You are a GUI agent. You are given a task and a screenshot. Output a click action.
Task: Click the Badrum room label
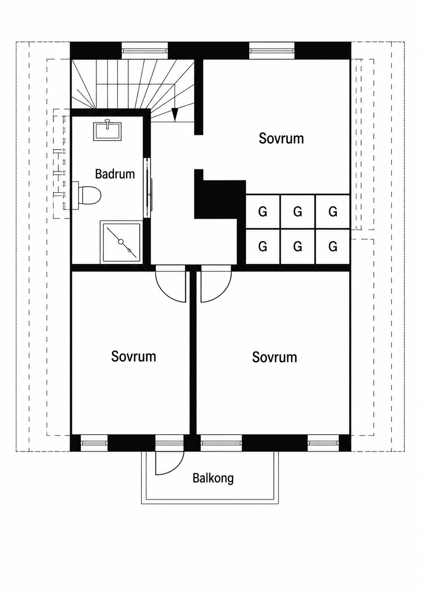pyautogui.click(x=115, y=174)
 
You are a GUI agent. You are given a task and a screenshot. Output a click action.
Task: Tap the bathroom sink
pyautogui.click(x=107, y=131)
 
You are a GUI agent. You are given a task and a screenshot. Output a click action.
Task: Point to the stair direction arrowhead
pyautogui.click(x=174, y=115)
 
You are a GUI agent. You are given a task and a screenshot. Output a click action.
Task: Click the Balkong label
pyautogui.click(x=213, y=478)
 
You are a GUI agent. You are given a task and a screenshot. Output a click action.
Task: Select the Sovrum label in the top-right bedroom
pyautogui.click(x=281, y=138)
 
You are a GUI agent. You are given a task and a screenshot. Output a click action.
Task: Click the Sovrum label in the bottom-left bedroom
pyautogui.click(x=134, y=356)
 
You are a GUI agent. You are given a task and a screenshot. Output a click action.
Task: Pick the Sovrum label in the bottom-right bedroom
pyautogui.click(x=275, y=357)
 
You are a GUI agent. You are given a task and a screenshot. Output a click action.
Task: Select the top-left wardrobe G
pyautogui.click(x=263, y=212)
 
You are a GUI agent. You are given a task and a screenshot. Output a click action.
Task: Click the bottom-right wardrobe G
pyautogui.click(x=333, y=247)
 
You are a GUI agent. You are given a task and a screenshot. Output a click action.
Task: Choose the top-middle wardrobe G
pyautogui.click(x=298, y=212)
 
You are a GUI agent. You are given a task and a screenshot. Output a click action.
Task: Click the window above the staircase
pyautogui.click(x=145, y=50)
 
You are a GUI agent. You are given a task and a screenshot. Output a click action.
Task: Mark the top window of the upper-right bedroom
pyautogui.click(x=272, y=50)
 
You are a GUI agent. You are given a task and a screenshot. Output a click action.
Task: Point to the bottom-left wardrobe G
pyautogui.click(x=263, y=247)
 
